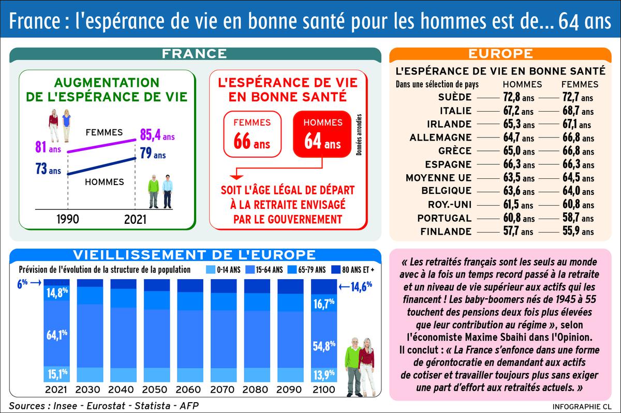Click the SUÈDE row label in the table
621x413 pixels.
tap(454, 97)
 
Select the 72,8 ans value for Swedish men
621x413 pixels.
tap(517, 97)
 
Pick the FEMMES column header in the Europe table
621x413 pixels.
tap(580, 84)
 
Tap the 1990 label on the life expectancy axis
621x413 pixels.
tap(67, 219)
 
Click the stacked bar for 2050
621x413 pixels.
tap(157, 331)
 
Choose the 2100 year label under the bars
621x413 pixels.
tap(324, 389)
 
